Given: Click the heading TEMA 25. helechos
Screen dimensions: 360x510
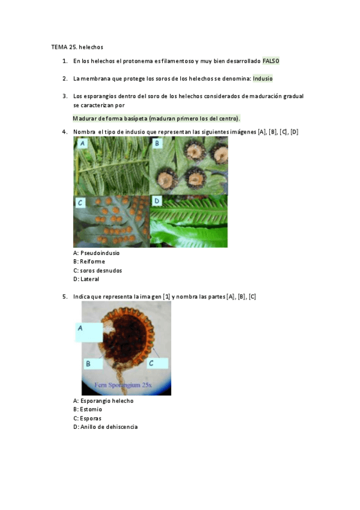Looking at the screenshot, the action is tap(77, 47).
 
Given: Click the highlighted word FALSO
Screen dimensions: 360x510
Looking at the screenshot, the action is tap(270, 61).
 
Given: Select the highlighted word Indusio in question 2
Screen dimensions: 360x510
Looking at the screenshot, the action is tap(263, 78).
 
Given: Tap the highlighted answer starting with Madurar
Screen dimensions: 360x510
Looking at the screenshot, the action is tap(156, 118).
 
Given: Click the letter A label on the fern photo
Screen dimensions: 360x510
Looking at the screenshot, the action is tap(82, 143).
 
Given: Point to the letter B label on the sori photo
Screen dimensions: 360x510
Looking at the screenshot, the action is tap(157, 143).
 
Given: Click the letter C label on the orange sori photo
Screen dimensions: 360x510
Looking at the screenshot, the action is tap(81, 203).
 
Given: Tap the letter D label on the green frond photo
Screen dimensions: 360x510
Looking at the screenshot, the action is tap(157, 201).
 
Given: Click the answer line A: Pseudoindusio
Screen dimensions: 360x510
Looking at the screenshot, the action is tap(96, 253).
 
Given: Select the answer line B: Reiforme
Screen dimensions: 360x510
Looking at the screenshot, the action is tap(89, 262).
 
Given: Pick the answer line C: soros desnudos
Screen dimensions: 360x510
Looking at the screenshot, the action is tap(97, 271).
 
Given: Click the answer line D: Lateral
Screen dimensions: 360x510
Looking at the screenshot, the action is tap(86, 279).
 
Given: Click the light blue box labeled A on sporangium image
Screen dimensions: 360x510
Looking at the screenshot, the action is tap(89, 332).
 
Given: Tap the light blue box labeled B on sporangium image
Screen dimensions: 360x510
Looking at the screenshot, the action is tap(94, 363).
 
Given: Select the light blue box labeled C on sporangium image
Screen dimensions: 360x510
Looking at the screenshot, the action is tap(157, 363).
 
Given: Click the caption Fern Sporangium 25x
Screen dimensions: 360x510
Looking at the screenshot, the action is tap(123, 385).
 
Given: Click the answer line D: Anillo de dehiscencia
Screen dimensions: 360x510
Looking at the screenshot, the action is tap(105, 427).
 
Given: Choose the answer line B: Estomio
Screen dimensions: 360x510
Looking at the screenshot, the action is tap(87, 410).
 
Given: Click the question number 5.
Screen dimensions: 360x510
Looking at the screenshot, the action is tap(65, 296).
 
